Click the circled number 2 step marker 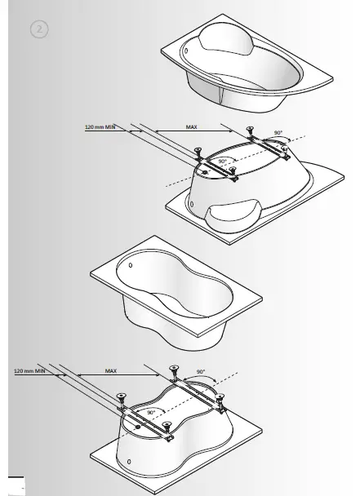pos(38,29)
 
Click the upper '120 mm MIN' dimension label pos(102,127)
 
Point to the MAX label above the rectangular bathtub pos(111,370)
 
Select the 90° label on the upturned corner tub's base pos(222,162)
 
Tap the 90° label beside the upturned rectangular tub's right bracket pos(201,370)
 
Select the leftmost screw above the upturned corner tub pos(198,149)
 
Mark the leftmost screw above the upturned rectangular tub pos(120,397)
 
